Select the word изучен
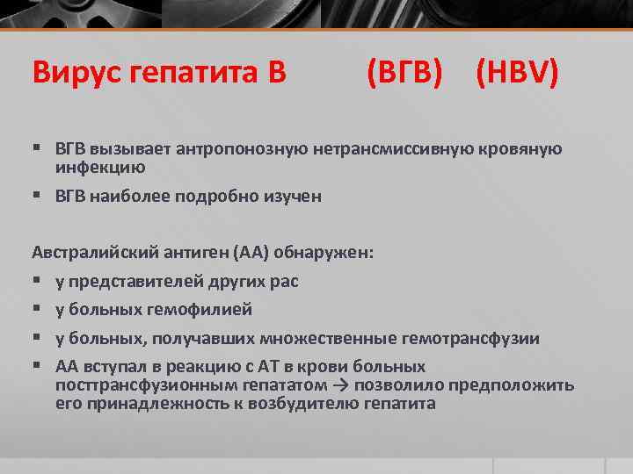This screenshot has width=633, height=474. click(294, 197)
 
